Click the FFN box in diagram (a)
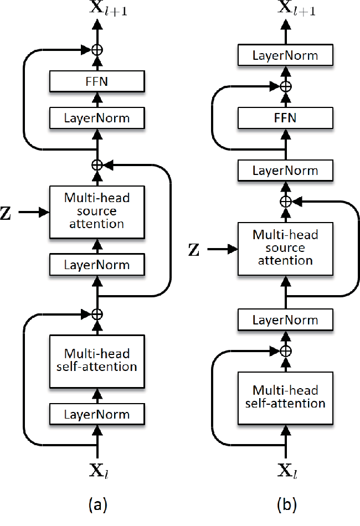[97, 81]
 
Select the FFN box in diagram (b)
[285, 118]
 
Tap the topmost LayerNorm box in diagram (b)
[285, 55]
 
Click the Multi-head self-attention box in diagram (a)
[97, 362]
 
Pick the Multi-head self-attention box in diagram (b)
[285, 398]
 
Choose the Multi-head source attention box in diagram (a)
[97, 212]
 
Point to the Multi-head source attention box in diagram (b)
[285, 249]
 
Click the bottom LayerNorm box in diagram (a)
[97, 414]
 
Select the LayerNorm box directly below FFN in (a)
[97, 118]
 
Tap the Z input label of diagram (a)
[6, 213]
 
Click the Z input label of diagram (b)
[194, 250]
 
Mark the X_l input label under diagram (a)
[99, 471]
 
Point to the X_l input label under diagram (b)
[287, 471]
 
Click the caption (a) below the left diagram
[98, 504]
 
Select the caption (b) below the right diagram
[287, 504]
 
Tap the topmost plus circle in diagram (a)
[97, 50]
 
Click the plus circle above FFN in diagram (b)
[286, 86]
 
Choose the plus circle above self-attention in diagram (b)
[286, 351]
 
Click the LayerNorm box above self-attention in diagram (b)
[285, 319]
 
